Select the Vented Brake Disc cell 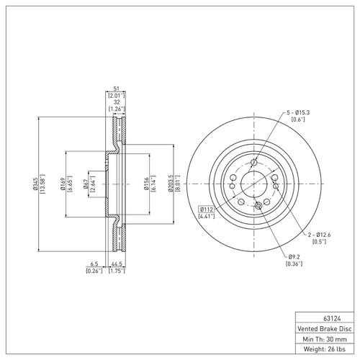(326, 327)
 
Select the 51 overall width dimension (116, 88)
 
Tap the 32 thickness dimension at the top (116, 102)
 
